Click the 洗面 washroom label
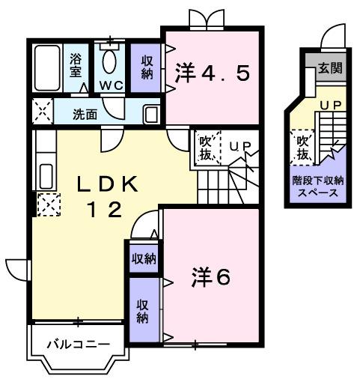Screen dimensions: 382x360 85,115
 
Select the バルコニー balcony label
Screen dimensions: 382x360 78,345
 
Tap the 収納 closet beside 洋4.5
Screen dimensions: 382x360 145,66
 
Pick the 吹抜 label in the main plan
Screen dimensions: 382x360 206,148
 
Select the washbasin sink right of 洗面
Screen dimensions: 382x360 150,114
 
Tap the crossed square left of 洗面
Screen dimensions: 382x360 41,113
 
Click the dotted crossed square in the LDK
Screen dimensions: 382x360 48,204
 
